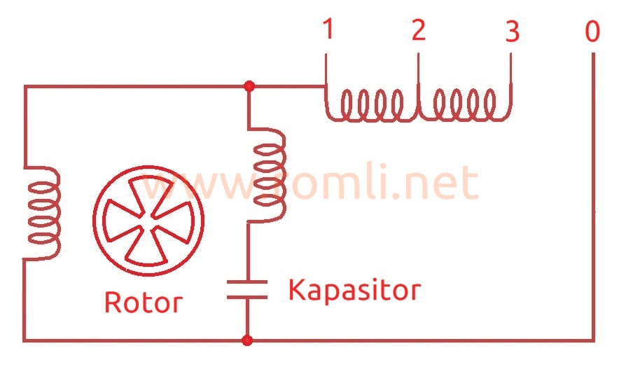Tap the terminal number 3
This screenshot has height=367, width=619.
pos(513,32)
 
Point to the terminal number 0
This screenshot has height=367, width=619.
pos(592,32)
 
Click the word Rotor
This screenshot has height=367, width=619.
pos(143,303)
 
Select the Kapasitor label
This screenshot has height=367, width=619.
pos(354,289)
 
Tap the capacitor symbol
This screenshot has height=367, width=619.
pos(247,289)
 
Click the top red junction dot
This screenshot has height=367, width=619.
pos(248,86)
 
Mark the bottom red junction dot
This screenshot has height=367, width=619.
pos(247,340)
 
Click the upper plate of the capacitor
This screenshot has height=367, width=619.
pos(247,282)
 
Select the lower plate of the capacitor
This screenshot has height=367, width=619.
pos(247,297)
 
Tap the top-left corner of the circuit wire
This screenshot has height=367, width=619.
pos(25,87)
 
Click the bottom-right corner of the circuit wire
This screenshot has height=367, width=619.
pos(593,340)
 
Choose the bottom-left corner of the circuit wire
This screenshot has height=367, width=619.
pos(25,340)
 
